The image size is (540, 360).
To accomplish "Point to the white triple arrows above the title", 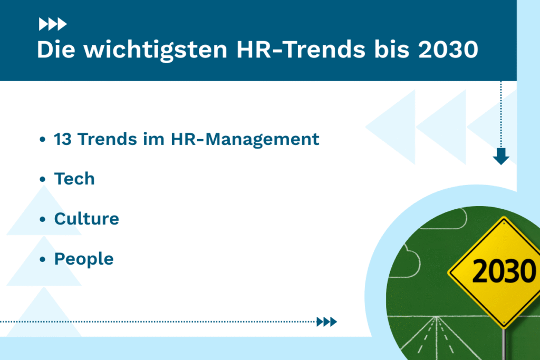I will click(53, 24).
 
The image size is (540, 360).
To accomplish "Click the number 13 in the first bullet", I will click(63, 139).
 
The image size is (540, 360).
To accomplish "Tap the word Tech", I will click(74, 179).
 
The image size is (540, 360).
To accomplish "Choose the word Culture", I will click(86, 219).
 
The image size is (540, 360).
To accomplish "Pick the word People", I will click(84, 259).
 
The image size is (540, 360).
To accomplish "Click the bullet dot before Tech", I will click(43, 180).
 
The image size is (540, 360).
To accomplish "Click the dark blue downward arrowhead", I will click(500, 157).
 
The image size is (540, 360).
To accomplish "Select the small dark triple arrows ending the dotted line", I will click(326, 322).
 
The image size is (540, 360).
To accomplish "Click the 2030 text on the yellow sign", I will click(503, 271).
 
